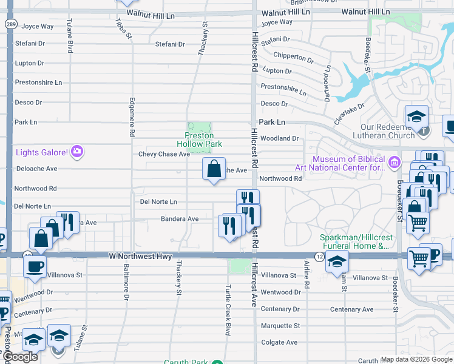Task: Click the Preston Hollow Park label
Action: pyautogui.click(x=203, y=140)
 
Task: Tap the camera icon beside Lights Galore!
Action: pyautogui.click(x=77, y=151)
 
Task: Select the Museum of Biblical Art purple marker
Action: pyautogui.click(x=395, y=163)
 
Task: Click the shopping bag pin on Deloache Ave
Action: pyautogui.click(x=214, y=169)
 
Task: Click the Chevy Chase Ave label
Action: pyautogui.click(x=164, y=154)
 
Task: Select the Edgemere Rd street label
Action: pyautogui.click(x=131, y=117)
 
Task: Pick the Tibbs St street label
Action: pyautogui.click(x=123, y=28)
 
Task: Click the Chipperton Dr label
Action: pyautogui.click(x=293, y=58)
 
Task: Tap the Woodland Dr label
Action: pyautogui.click(x=279, y=138)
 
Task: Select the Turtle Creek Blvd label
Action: pyautogui.click(x=228, y=310)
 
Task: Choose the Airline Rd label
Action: pyautogui.click(x=307, y=277)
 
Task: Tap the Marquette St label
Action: pyautogui.click(x=280, y=326)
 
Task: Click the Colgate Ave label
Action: pyautogui.click(x=279, y=342)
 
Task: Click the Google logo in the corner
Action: pyautogui.click(x=20, y=357)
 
